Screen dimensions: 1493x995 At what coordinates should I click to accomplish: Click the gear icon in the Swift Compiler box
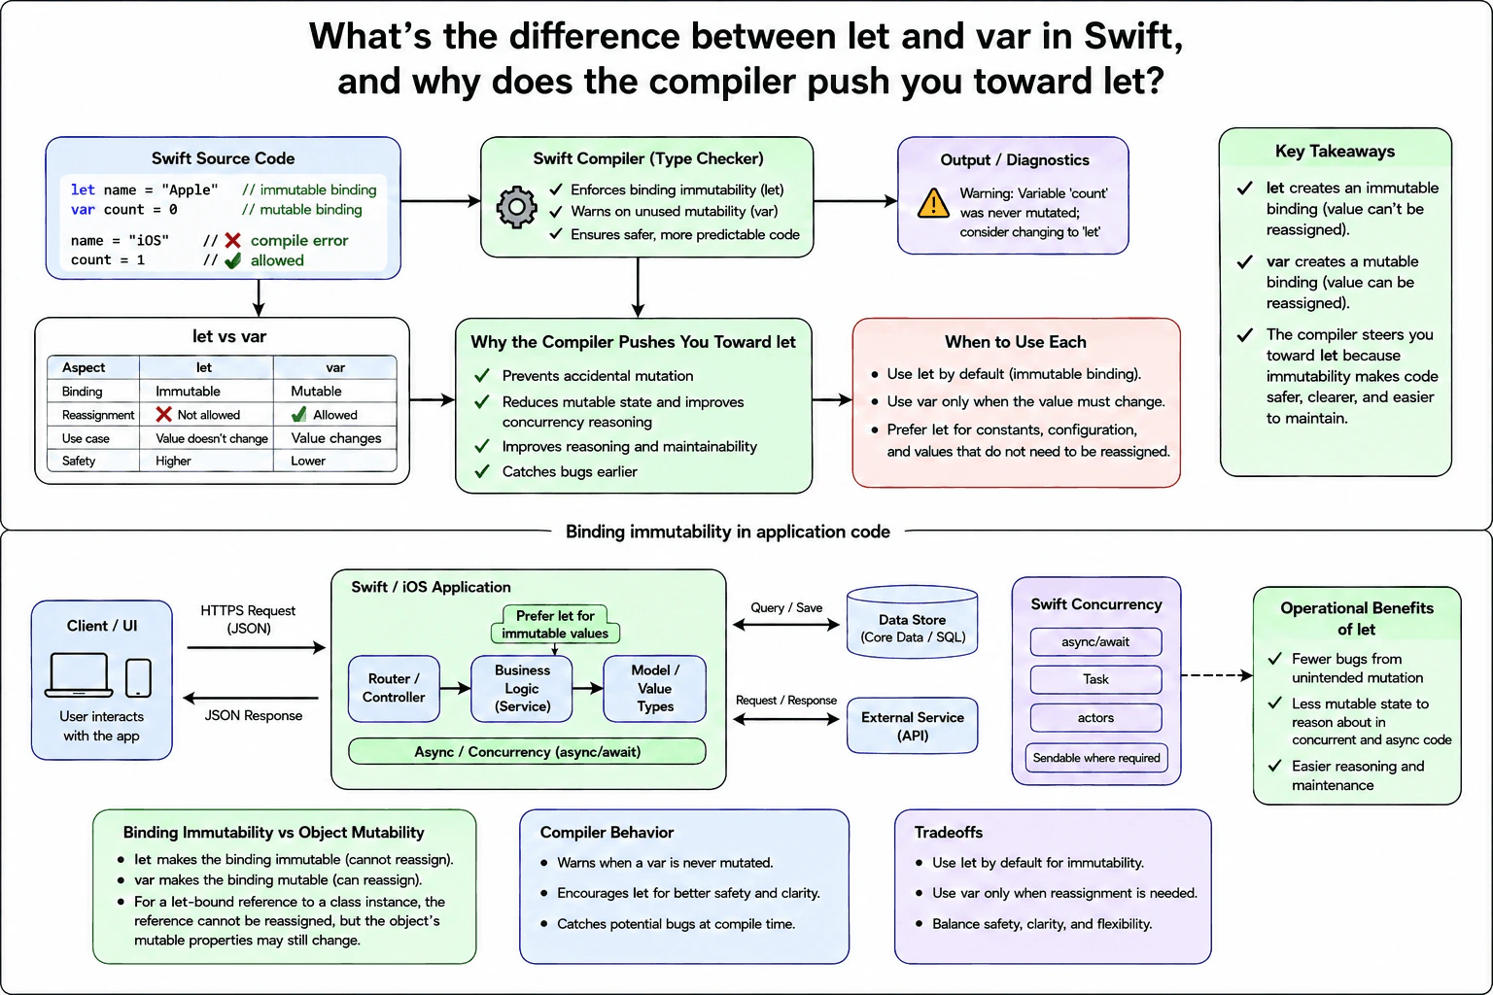coord(516,207)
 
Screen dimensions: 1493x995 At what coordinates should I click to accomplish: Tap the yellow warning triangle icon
coord(933,203)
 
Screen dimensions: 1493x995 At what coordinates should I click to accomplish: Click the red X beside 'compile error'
coord(232,240)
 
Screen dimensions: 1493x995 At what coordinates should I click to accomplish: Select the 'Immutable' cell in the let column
coord(188,391)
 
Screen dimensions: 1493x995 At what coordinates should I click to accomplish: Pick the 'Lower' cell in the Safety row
coord(308,461)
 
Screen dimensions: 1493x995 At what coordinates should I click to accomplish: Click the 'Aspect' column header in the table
coord(84,367)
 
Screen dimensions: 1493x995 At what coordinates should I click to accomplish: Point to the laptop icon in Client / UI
coord(79,674)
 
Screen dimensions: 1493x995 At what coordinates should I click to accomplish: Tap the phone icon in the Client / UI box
coord(138,678)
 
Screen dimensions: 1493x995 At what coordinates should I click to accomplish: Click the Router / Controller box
coord(394,688)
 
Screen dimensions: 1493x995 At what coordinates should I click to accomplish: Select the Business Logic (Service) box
coord(522,688)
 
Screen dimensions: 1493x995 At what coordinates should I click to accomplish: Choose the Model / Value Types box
coord(654,688)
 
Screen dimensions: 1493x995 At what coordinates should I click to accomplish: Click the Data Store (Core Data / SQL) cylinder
coord(912,622)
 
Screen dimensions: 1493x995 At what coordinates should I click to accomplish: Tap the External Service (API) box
coord(913,726)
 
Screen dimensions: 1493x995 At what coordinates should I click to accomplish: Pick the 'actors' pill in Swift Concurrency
coord(1095,718)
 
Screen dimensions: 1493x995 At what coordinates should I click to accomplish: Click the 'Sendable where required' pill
coord(1096,758)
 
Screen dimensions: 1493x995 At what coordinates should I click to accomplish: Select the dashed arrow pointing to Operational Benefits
coord(1217,675)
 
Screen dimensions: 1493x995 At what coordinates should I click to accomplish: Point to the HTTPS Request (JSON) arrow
coord(257,647)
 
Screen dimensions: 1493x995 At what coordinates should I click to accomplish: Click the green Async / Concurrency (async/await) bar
coord(527,751)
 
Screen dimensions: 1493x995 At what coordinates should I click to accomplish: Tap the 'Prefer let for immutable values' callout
coord(555,624)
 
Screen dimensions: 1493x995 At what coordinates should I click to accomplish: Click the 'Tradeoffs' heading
coord(949,833)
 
